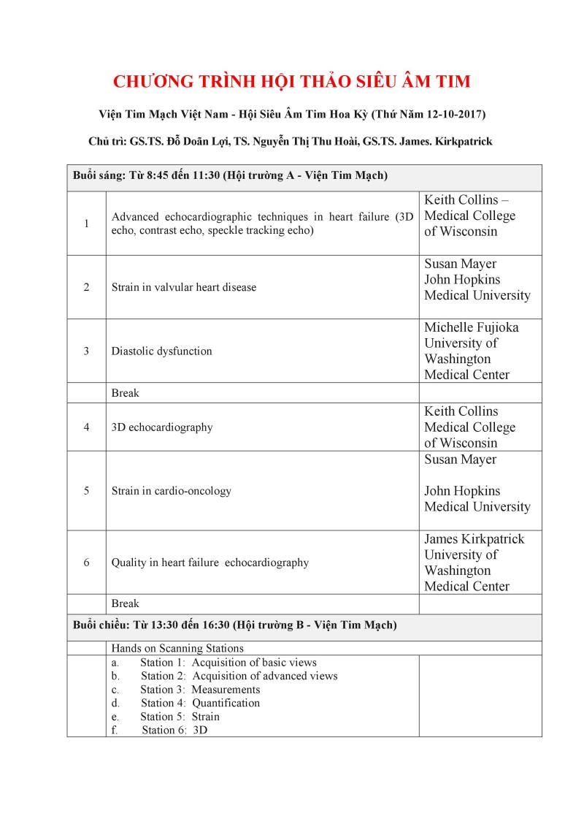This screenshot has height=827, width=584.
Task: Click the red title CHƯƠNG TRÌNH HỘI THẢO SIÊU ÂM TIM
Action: click(x=292, y=81)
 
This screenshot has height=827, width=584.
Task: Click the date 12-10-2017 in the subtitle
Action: click(x=452, y=115)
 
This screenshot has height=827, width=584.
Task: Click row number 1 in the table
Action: click(x=86, y=224)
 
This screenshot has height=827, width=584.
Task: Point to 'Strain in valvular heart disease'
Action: click(x=184, y=287)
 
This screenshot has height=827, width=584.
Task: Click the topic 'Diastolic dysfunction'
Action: click(x=161, y=351)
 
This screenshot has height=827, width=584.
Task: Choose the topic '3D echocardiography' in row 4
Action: click(x=162, y=427)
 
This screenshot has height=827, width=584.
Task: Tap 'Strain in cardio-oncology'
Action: click(x=171, y=491)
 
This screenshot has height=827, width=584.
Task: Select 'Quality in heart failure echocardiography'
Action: click(x=210, y=563)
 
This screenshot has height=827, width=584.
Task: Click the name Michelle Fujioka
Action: click(x=472, y=327)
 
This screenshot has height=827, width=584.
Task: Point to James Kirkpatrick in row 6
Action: click(x=474, y=539)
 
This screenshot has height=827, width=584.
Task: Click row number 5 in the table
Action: click(x=86, y=491)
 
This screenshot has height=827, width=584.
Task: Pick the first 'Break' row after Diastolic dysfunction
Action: click(x=125, y=393)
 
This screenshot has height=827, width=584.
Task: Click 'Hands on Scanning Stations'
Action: click(x=177, y=648)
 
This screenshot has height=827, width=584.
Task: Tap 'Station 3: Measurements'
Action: click(x=200, y=690)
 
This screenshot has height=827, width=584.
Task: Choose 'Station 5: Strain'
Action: click(x=180, y=717)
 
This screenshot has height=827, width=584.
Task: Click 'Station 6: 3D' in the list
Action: click(x=174, y=730)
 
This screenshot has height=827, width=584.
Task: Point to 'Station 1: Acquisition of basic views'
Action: click(x=228, y=663)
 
